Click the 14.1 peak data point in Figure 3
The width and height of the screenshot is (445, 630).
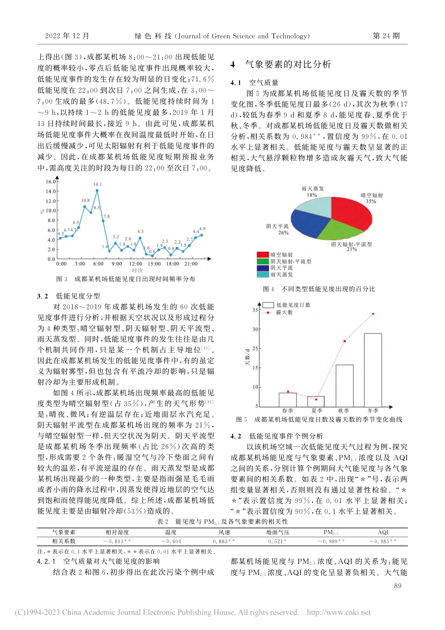(x=97, y=190)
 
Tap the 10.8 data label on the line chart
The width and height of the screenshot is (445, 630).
(x=85, y=200)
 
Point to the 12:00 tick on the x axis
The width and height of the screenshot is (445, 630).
(x=135, y=264)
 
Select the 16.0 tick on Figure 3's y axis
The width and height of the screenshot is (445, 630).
(x=51, y=182)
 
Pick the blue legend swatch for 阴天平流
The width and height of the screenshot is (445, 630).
(x=262, y=268)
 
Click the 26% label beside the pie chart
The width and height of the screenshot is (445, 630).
(x=283, y=232)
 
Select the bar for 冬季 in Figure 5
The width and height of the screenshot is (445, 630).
(x=373, y=370)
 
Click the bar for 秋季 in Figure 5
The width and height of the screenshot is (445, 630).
(x=344, y=385)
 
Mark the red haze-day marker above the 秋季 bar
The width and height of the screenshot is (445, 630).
(x=345, y=341)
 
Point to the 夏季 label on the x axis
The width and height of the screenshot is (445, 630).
(x=317, y=411)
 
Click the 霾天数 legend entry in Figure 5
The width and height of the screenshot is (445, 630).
(x=283, y=312)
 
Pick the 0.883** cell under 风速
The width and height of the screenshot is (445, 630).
(x=224, y=541)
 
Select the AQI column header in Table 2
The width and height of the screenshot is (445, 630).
(x=383, y=532)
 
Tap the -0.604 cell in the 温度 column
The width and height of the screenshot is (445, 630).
(x=171, y=541)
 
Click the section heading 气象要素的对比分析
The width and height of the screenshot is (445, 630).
(x=288, y=65)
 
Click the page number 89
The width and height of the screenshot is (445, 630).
(x=398, y=585)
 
